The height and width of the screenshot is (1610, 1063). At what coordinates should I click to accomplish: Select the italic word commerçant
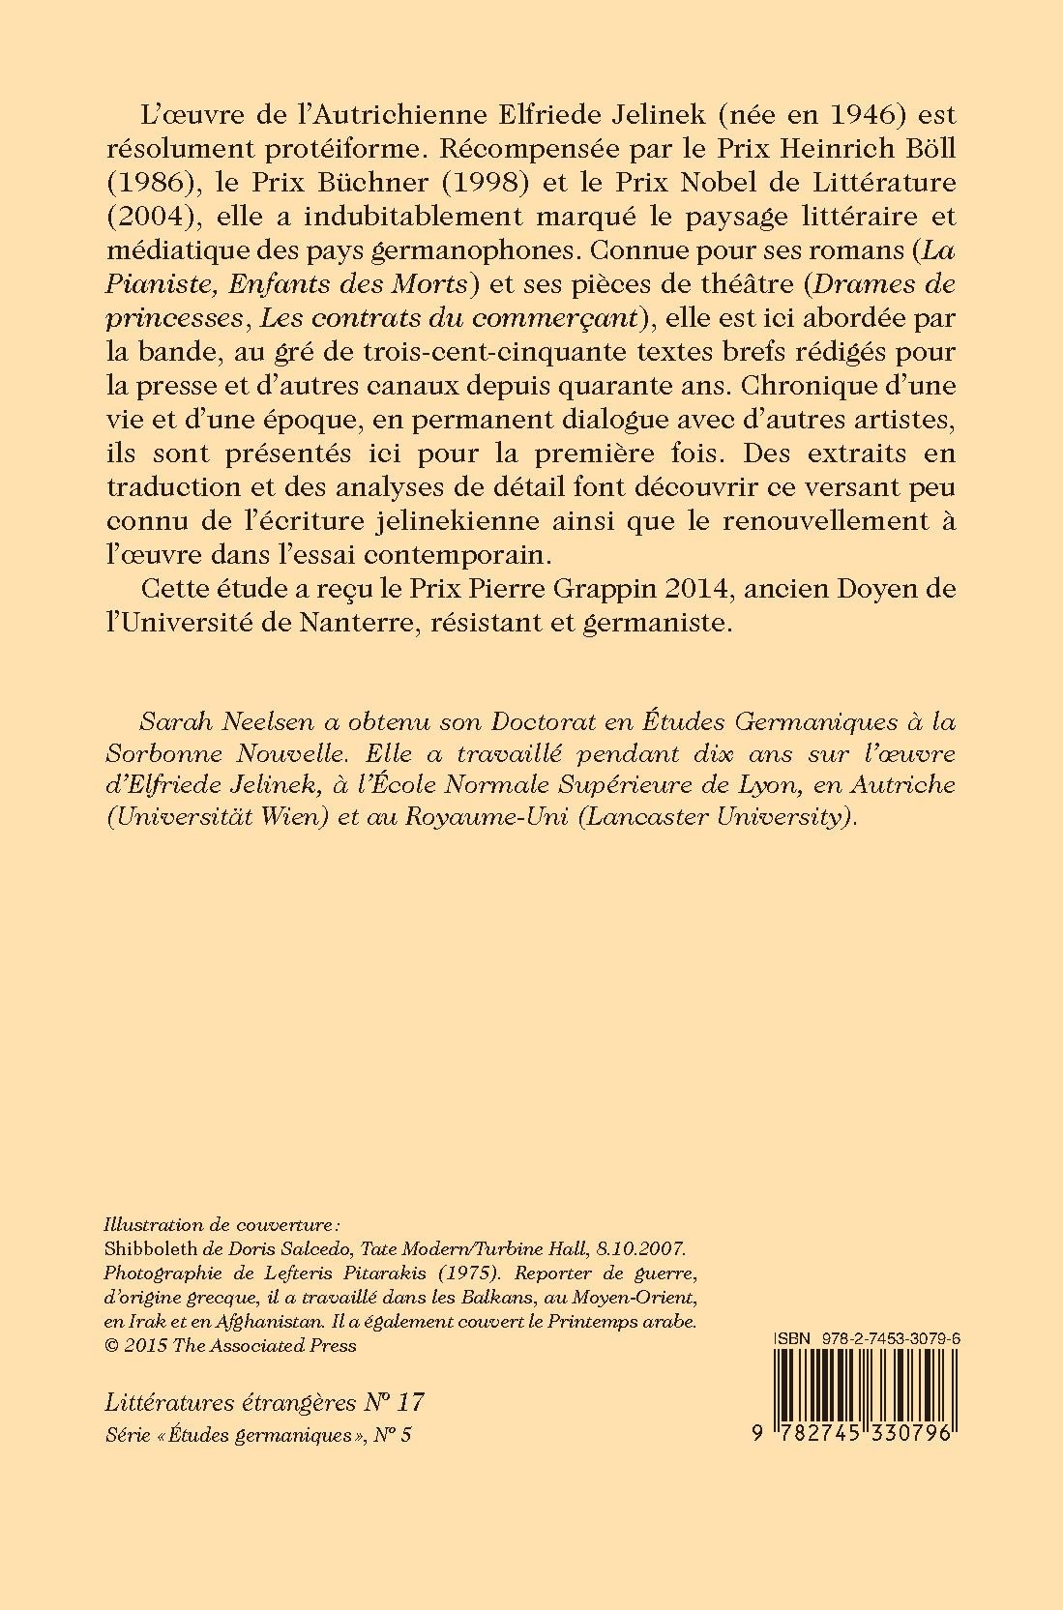pyautogui.click(x=553, y=318)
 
